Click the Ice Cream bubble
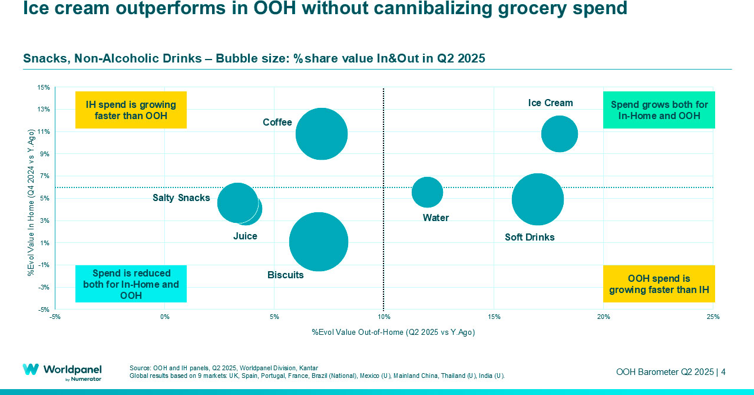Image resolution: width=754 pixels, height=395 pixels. click(x=559, y=134)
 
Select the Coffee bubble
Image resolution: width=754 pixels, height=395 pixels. click(x=321, y=134)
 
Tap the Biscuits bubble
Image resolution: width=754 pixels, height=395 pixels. click(x=319, y=242)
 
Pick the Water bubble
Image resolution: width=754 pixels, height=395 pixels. click(x=427, y=192)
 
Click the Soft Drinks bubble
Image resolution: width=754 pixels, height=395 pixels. click(x=537, y=199)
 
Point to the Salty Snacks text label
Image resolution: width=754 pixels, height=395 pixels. click(x=181, y=198)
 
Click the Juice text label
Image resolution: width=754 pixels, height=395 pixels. click(x=245, y=236)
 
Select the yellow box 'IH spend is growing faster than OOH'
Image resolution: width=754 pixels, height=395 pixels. click(x=131, y=110)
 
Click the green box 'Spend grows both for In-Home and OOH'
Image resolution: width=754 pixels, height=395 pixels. click(x=659, y=110)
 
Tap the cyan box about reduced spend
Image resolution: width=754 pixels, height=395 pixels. click(x=131, y=284)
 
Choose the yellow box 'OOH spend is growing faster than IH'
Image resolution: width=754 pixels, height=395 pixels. click(x=659, y=284)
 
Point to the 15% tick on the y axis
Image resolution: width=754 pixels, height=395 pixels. click(x=44, y=87)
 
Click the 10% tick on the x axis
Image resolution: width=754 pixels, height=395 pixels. click(x=383, y=317)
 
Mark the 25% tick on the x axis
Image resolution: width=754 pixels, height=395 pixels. click(x=713, y=317)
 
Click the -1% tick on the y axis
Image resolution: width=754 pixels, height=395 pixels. click(x=44, y=265)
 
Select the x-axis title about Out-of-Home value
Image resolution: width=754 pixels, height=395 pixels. click(x=393, y=333)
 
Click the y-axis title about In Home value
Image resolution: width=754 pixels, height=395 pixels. click(x=31, y=202)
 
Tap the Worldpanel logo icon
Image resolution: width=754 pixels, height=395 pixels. click(x=31, y=370)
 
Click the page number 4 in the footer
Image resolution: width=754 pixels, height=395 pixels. click(x=723, y=372)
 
